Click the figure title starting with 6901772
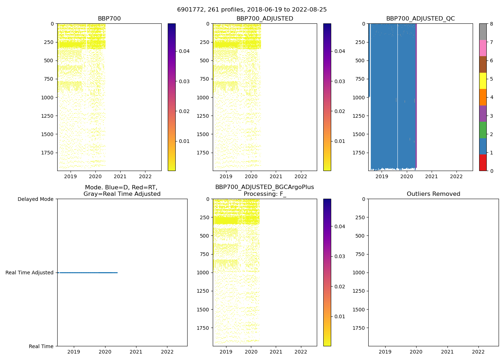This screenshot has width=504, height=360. coord(252,10)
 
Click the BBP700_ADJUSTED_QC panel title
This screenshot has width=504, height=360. coord(420,19)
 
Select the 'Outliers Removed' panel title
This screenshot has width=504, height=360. coord(433,194)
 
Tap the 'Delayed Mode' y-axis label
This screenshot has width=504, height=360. coord(35,199)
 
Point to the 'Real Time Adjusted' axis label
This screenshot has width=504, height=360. coord(30,273)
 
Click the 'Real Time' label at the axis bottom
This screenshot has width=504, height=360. coord(41,346)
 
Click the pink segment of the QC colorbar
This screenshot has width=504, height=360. coord(483,48)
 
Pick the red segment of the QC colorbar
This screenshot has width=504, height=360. coord(483,162)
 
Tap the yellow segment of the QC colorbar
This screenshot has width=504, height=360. coord(483,81)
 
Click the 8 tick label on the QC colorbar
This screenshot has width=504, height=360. coord(491,24)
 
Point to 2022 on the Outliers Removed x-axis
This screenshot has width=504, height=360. coord(478,352)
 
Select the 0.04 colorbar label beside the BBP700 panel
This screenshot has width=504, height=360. coord(184,51)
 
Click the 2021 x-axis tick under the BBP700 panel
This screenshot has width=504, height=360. coord(120,176)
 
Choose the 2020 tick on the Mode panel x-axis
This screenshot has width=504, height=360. coord(105,352)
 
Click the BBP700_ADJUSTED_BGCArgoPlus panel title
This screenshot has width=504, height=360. coord(265,190)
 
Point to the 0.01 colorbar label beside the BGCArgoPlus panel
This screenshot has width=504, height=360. coord(340,317)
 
